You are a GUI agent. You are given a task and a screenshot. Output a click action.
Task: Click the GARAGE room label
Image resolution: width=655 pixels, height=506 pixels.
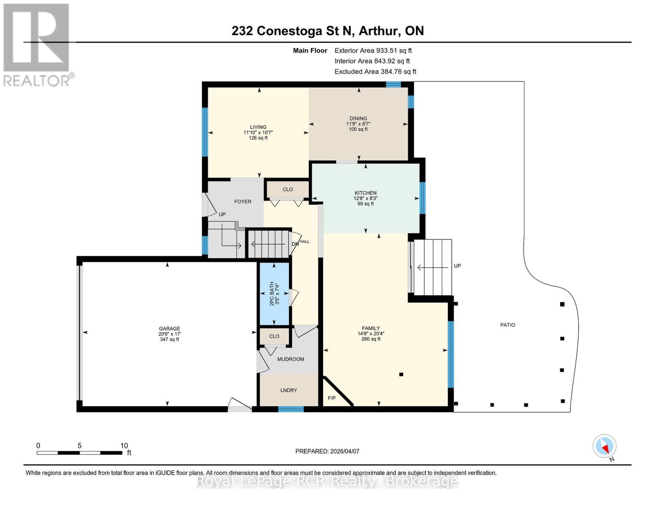tap(169, 328)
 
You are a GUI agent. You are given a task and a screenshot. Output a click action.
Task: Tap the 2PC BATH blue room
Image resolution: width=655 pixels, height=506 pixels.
tap(274, 293)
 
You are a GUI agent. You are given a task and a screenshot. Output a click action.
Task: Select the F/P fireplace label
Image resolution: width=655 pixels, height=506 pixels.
tap(332, 398)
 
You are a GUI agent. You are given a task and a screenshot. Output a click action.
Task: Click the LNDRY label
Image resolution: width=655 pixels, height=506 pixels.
tap(288, 390)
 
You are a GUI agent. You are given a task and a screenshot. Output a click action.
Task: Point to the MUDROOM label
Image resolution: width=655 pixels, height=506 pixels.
tap(290, 359)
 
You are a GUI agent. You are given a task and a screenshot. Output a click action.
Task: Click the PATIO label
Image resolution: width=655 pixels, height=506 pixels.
tap(507, 325)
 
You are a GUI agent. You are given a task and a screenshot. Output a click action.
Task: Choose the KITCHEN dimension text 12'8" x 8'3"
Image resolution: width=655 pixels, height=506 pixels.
tap(365, 199)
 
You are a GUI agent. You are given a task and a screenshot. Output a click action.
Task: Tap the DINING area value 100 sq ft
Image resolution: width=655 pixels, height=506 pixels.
tap(358, 129)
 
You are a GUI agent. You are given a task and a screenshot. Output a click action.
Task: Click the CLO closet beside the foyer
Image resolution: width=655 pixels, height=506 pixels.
tap(288, 190)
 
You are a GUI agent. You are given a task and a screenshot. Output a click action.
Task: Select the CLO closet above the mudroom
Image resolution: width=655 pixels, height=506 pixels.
tap(274, 336)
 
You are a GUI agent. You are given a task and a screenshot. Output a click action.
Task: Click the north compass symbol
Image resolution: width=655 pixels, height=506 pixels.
tap(604, 446)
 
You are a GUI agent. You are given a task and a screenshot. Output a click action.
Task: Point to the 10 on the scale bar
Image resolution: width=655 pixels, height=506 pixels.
tap(124, 446)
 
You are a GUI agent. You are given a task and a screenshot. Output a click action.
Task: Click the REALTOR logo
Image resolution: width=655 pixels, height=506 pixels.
tap(37, 44)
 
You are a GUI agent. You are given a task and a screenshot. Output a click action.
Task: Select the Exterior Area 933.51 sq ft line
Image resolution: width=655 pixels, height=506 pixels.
tap(373, 51)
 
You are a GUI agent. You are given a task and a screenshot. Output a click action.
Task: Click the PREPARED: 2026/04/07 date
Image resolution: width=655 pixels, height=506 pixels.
tap(327, 451)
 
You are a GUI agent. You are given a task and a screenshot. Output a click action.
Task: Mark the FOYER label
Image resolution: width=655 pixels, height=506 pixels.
tap(243, 202)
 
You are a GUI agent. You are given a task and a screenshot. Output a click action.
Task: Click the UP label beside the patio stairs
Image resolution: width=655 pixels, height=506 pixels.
tap(457, 266)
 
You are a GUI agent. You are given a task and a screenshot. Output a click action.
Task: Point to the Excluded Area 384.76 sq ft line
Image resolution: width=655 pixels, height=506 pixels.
tap(375, 72)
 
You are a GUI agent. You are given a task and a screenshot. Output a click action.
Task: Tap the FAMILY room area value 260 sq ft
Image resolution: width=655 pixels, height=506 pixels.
tap(371, 339)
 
